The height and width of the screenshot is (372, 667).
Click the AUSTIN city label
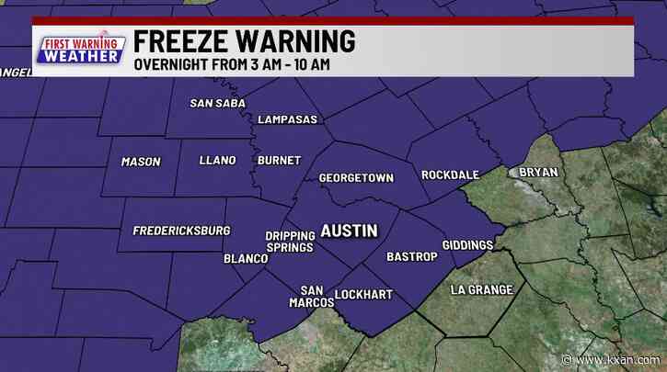348,231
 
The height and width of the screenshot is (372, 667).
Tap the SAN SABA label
218,103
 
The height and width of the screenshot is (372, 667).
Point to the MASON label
141,162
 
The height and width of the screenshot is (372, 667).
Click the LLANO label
217,161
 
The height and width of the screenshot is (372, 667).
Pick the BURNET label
279,161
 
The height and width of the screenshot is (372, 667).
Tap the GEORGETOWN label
355,177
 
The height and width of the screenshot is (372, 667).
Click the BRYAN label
538,172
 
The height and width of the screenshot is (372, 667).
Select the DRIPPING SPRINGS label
289,242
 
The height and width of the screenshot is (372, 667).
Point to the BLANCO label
246,259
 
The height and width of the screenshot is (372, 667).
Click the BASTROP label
411,256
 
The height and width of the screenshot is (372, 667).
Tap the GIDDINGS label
467,245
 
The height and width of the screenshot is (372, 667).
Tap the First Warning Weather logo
80,50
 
